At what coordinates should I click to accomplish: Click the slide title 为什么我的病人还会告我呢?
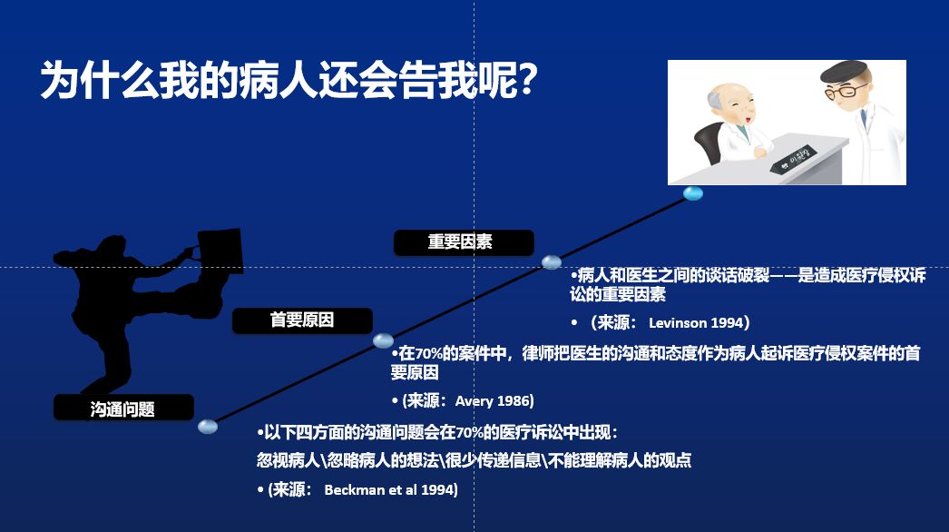pyautogui.click(x=289, y=79)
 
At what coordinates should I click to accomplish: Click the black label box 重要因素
pyautogui.click(x=464, y=242)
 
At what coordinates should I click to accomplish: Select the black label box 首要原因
pyautogui.click(x=302, y=320)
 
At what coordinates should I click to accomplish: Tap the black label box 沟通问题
pyautogui.click(x=123, y=408)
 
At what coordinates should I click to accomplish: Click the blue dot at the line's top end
pyautogui.click(x=693, y=193)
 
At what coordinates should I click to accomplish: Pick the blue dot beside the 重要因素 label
pyautogui.click(x=552, y=261)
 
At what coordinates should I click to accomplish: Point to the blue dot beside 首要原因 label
pyautogui.click(x=383, y=340)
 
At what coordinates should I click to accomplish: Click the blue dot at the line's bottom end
pyautogui.click(x=208, y=427)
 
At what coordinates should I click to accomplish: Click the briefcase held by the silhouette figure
pyautogui.click(x=220, y=251)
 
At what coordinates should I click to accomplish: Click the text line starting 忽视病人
pyautogui.click(x=474, y=460)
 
